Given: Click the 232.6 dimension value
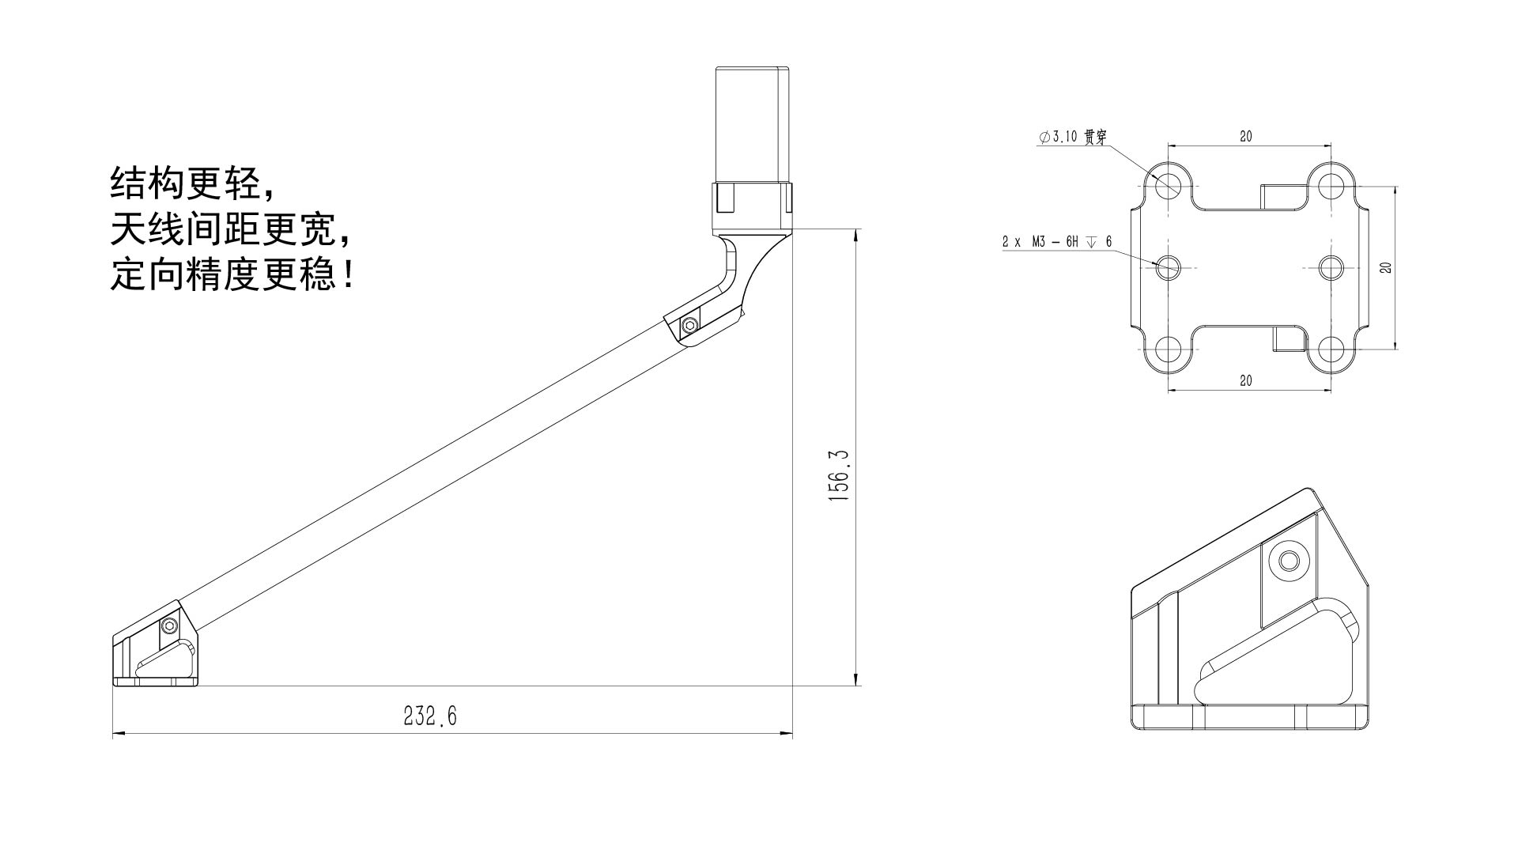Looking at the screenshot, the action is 430,716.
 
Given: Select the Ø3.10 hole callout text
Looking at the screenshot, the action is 1073,137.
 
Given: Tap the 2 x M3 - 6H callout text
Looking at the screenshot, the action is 1057,241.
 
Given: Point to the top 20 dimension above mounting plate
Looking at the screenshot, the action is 1246,137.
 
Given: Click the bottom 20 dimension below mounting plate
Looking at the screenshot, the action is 1246,380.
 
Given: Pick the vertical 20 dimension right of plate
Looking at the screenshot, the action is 1385,267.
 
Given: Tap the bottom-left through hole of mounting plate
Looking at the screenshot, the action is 1169,348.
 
